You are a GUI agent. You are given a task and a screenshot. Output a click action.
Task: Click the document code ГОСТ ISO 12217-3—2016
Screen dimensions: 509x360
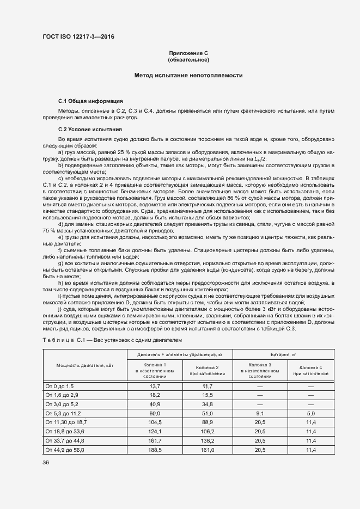pos(78,37)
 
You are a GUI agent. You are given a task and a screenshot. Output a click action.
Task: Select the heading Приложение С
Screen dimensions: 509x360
pos(188,53)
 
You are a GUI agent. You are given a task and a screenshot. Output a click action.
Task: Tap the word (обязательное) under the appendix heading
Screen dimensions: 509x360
pos(188,59)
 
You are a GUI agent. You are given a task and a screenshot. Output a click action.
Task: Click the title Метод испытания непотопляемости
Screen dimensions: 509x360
pos(188,75)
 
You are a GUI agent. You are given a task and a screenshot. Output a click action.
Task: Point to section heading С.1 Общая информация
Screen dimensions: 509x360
pos(90,101)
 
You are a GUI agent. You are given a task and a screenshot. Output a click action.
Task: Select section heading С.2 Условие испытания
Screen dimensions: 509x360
pos(90,129)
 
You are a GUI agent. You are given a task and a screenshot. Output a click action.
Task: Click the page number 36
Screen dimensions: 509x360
pos(46,462)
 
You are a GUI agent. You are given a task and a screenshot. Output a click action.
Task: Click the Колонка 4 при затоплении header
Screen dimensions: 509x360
pos(310,371)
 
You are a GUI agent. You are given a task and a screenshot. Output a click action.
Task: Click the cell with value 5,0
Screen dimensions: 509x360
pos(310,413)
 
